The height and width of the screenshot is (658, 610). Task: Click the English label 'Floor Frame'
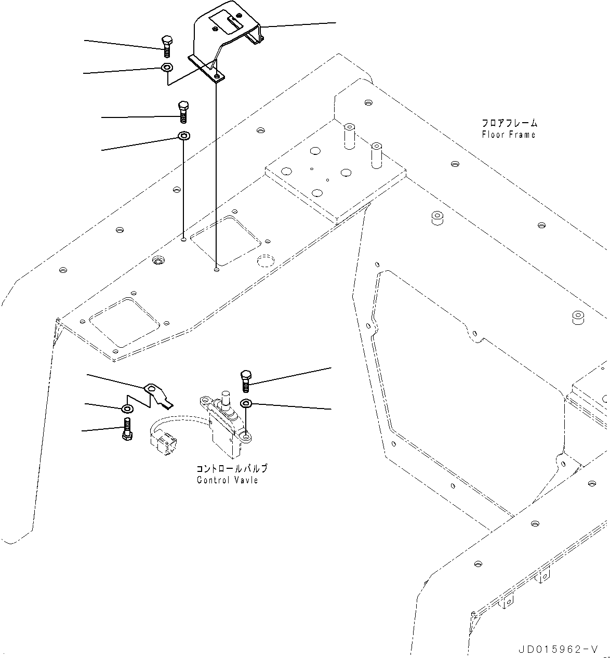click(508, 135)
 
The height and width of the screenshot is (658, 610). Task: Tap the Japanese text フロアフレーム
click(509, 124)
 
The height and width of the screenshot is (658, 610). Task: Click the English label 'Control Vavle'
click(227, 480)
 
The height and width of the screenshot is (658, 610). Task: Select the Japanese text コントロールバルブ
click(232, 468)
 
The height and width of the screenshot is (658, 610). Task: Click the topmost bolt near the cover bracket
click(166, 47)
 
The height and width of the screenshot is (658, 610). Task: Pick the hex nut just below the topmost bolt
click(167, 68)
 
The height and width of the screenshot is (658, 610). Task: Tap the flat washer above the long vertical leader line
click(183, 137)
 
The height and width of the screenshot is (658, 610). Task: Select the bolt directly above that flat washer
click(183, 112)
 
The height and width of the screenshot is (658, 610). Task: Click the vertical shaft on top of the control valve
click(227, 402)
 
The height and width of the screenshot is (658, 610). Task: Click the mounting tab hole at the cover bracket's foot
click(217, 76)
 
